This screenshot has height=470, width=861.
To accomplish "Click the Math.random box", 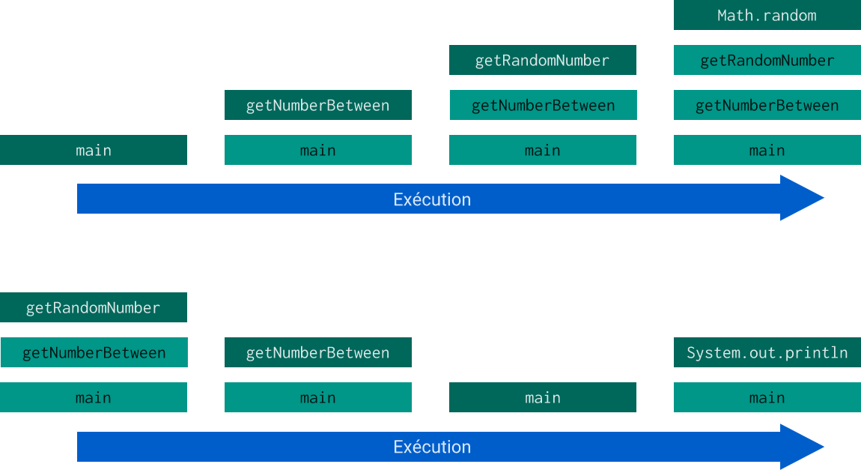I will point(767,15).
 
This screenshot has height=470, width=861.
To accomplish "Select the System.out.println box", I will point(767,352).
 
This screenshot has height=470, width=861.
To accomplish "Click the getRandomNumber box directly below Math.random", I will point(767,60).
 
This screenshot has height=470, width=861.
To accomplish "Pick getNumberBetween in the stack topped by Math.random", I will point(767,105).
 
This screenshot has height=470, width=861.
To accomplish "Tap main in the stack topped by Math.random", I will point(767,150).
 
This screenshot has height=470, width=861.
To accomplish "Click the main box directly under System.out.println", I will point(767,397).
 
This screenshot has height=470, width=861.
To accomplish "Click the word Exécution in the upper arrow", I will point(432,199).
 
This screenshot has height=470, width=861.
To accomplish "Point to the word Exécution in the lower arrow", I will point(432,447).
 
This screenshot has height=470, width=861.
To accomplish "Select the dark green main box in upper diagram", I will point(94,150).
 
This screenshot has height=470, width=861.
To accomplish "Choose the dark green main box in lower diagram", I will point(542,397).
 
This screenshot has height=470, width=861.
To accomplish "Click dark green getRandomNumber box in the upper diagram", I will point(542,60).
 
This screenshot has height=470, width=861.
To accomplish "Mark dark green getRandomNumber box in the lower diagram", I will point(94,307).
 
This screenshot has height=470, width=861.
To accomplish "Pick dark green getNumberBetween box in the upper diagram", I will point(317,105).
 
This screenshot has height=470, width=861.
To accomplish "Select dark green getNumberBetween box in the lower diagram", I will point(317,352).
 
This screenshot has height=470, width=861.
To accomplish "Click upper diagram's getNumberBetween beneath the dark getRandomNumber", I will point(542,105).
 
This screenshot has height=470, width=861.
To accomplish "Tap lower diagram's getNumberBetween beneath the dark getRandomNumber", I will point(94,352).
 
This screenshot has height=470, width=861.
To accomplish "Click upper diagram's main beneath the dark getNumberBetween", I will point(317,150).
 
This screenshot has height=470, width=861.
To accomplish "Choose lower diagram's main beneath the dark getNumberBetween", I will point(317,397).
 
